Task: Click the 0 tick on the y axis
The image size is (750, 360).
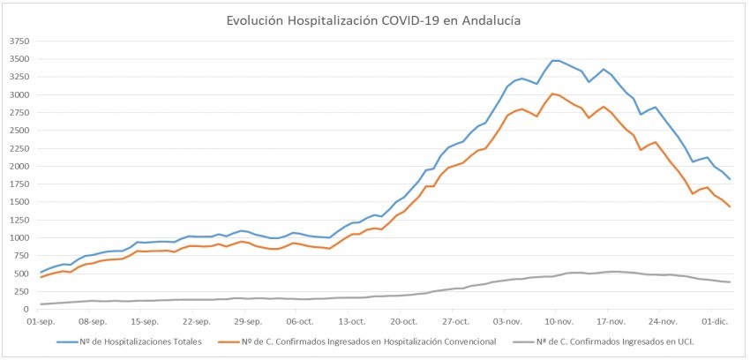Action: pos(26,310)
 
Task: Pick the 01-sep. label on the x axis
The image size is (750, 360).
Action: pos(42,322)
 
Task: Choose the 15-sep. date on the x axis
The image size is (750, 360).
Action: pos(145,322)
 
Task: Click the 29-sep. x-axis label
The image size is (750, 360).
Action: pos(248,322)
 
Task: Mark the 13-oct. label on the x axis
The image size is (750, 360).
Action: pos(351,322)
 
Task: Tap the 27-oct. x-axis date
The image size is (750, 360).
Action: pos(454,322)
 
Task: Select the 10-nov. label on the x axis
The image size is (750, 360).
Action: pos(558,322)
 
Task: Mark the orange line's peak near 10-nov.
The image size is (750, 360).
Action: pos(552,94)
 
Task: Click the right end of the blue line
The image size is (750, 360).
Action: pos(730,179)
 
